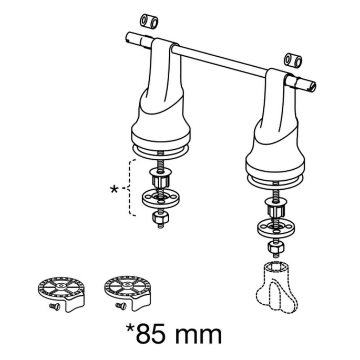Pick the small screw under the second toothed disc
coord(120,305)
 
